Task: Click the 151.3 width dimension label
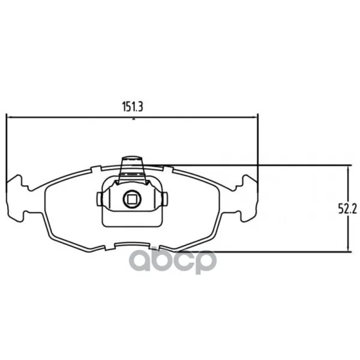tap(133, 107)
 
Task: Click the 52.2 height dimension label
tap(347, 209)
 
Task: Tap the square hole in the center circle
tap(132, 199)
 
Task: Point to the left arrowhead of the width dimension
tap(10, 118)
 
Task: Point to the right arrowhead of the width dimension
tap(254, 117)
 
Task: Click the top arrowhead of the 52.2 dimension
tap(349, 169)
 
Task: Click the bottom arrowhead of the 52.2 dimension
tap(349, 248)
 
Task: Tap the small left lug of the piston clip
tap(100, 199)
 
